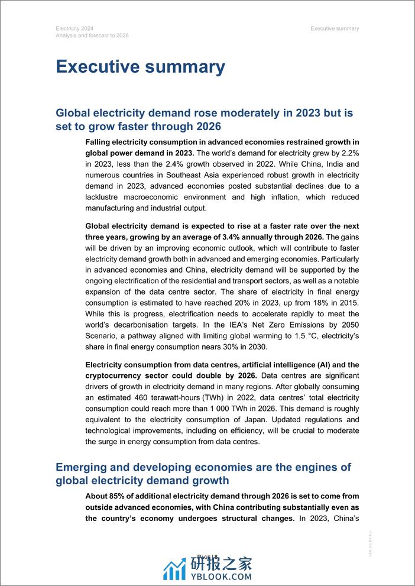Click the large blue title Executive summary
pos(140,67)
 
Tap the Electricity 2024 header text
pos(74,28)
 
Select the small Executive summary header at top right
pos(335,28)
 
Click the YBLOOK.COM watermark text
pos(223,575)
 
